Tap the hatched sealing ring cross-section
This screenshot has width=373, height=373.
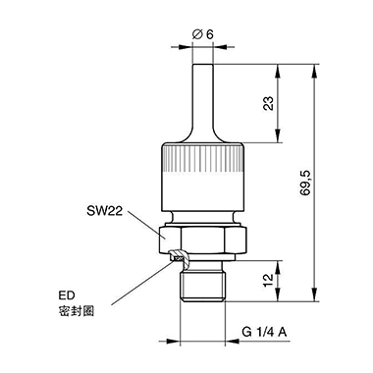(x=178, y=259)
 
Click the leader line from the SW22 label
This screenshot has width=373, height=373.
(x=142, y=222)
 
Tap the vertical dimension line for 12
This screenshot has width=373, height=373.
(x=282, y=282)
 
